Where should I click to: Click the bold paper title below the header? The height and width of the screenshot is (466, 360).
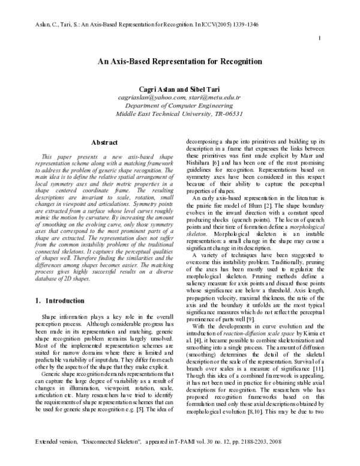point(180,61)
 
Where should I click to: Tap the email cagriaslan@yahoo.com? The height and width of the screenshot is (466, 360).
point(149,96)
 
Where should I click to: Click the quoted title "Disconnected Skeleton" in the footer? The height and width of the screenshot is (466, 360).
point(102,458)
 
